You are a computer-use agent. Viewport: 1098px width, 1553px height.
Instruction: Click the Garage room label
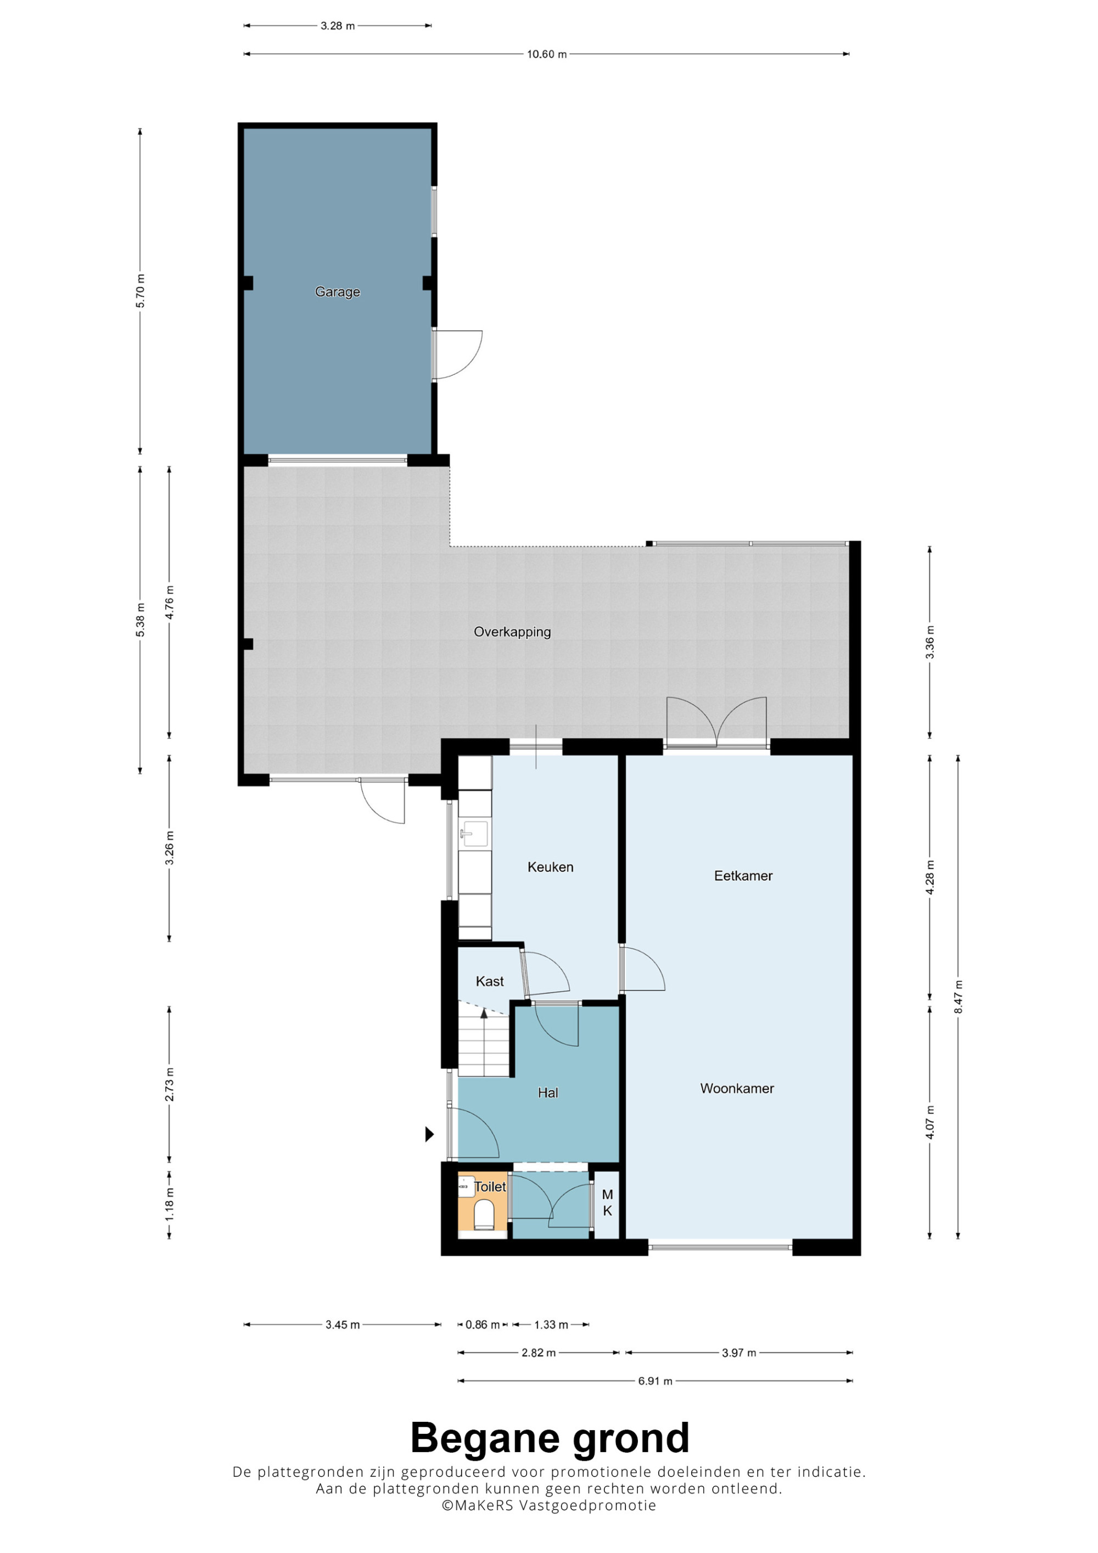338,292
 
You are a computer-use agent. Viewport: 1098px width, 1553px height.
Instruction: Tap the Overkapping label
512,632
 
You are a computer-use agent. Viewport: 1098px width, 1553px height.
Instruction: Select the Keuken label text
550,867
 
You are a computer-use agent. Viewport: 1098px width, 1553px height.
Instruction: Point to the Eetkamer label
743,876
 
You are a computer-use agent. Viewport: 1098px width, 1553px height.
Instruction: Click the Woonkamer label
737,1088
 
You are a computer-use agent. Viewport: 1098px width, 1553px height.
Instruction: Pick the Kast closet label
490,981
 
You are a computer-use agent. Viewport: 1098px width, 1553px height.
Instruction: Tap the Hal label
548,1093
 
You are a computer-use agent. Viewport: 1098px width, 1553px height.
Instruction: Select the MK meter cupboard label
608,1203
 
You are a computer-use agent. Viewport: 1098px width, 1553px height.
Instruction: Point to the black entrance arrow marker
429,1134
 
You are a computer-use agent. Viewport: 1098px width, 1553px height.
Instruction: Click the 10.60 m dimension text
547,54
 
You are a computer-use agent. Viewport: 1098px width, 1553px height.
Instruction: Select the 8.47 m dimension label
958,997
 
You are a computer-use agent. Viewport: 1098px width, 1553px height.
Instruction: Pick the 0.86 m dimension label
483,1324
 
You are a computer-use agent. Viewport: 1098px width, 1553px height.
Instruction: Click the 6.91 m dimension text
655,1381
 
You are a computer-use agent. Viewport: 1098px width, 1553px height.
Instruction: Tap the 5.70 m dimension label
140,291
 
